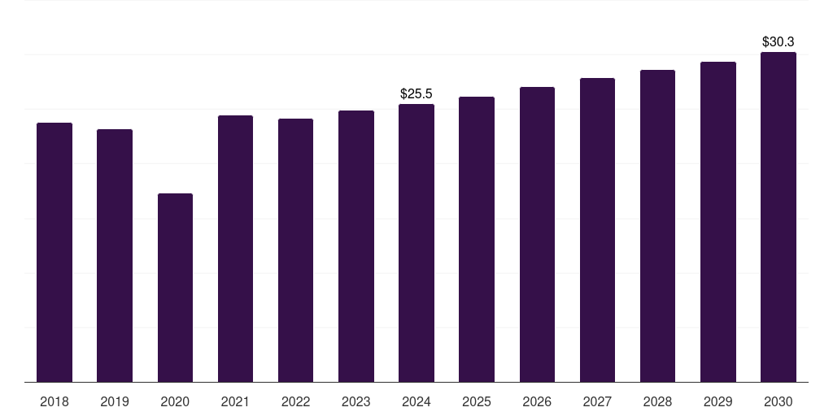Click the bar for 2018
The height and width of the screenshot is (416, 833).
coord(55,252)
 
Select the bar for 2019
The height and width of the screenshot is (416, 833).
coord(115,255)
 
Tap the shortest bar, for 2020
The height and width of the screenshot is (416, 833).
coord(175,288)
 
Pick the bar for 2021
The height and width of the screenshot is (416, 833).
coord(235,249)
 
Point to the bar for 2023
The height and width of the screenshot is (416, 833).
coord(356,246)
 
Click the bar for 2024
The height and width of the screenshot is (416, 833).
coord(416,243)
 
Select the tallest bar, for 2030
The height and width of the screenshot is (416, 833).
coord(778,217)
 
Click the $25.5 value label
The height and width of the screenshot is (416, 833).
coord(416,94)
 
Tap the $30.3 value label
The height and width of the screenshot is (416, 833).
coord(778,41)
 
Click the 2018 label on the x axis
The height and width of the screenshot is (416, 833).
coord(55,401)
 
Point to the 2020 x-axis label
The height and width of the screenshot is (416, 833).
coord(175,401)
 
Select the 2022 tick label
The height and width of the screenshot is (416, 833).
coord(295,401)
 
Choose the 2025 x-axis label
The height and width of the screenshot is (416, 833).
coord(477,401)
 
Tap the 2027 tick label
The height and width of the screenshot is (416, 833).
coord(597,401)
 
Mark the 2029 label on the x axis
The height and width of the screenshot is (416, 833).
coord(717,401)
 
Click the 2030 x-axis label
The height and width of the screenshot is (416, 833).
coord(778,401)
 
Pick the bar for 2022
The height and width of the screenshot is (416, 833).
coord(295,250)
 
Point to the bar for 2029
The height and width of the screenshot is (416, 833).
coord(717,222)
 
